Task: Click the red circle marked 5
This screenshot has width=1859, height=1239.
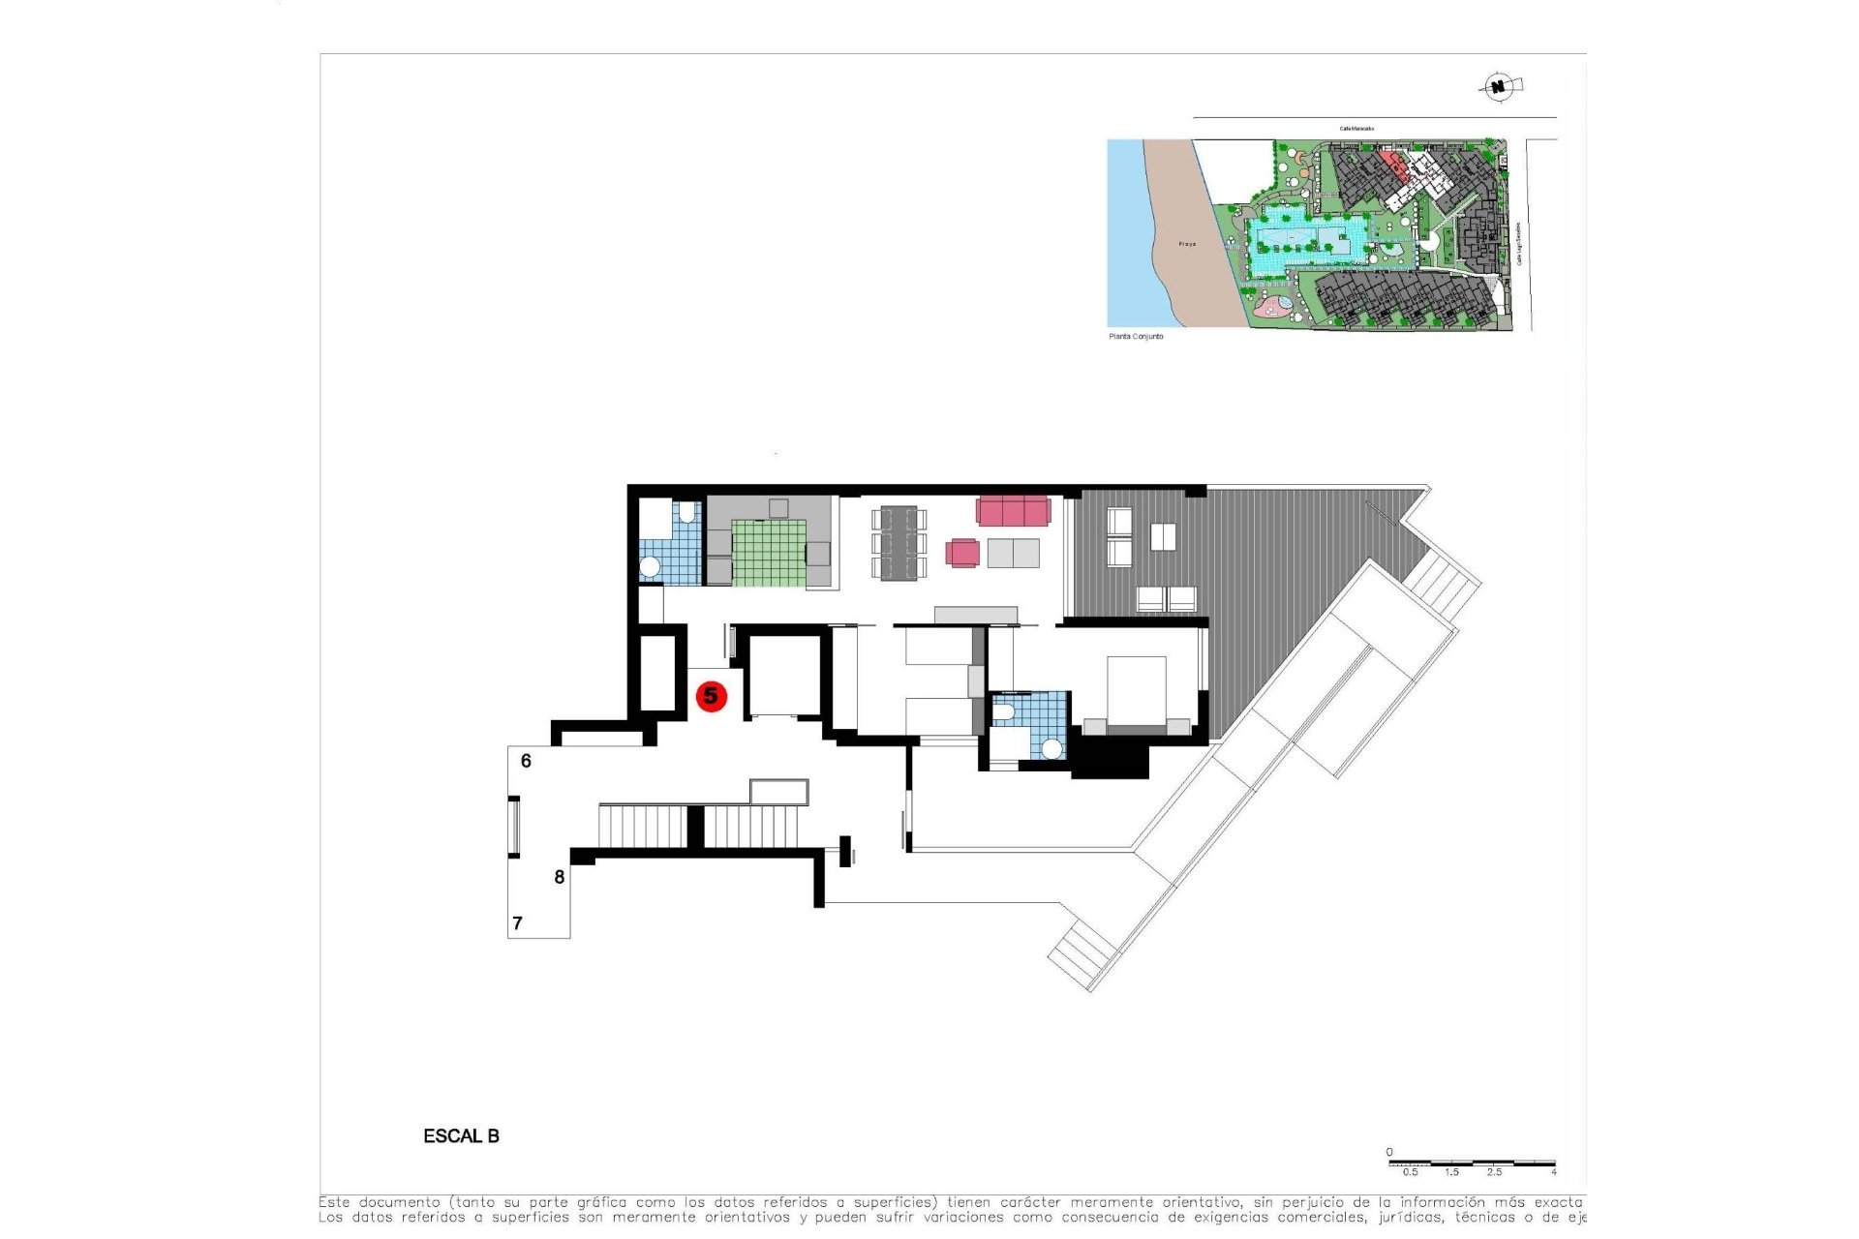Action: pos(712,696)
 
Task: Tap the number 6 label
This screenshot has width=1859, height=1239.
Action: pos(526,761)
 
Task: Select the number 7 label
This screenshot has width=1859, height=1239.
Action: pos(517,923)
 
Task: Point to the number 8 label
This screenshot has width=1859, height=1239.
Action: pos(559,877)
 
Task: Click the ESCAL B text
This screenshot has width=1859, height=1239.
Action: pos(461,1136)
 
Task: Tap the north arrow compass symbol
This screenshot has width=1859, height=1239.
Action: pos(1499,87)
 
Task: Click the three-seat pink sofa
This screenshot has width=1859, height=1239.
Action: pos(1013,510)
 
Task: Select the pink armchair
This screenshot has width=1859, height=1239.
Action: pos(962,553)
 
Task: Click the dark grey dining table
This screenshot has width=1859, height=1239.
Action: pos(899,543)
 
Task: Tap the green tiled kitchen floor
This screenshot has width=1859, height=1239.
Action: pos(768,554)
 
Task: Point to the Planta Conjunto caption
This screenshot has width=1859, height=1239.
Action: pos(1136,337)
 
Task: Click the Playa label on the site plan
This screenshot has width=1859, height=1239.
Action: pos(1187,244)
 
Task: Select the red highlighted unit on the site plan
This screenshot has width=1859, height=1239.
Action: pos(1392,163)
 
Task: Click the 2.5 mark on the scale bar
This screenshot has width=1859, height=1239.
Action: pos(1494,1172)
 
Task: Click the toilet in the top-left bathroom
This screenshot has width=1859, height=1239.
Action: pos(687,512)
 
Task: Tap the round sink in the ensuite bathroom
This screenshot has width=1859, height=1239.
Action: pos(1051,748)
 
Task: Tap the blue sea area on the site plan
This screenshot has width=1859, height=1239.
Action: pos(1128,232)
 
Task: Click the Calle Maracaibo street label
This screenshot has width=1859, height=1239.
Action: pos(1356,128)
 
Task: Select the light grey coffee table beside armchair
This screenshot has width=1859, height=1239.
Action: pos(1013,554)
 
